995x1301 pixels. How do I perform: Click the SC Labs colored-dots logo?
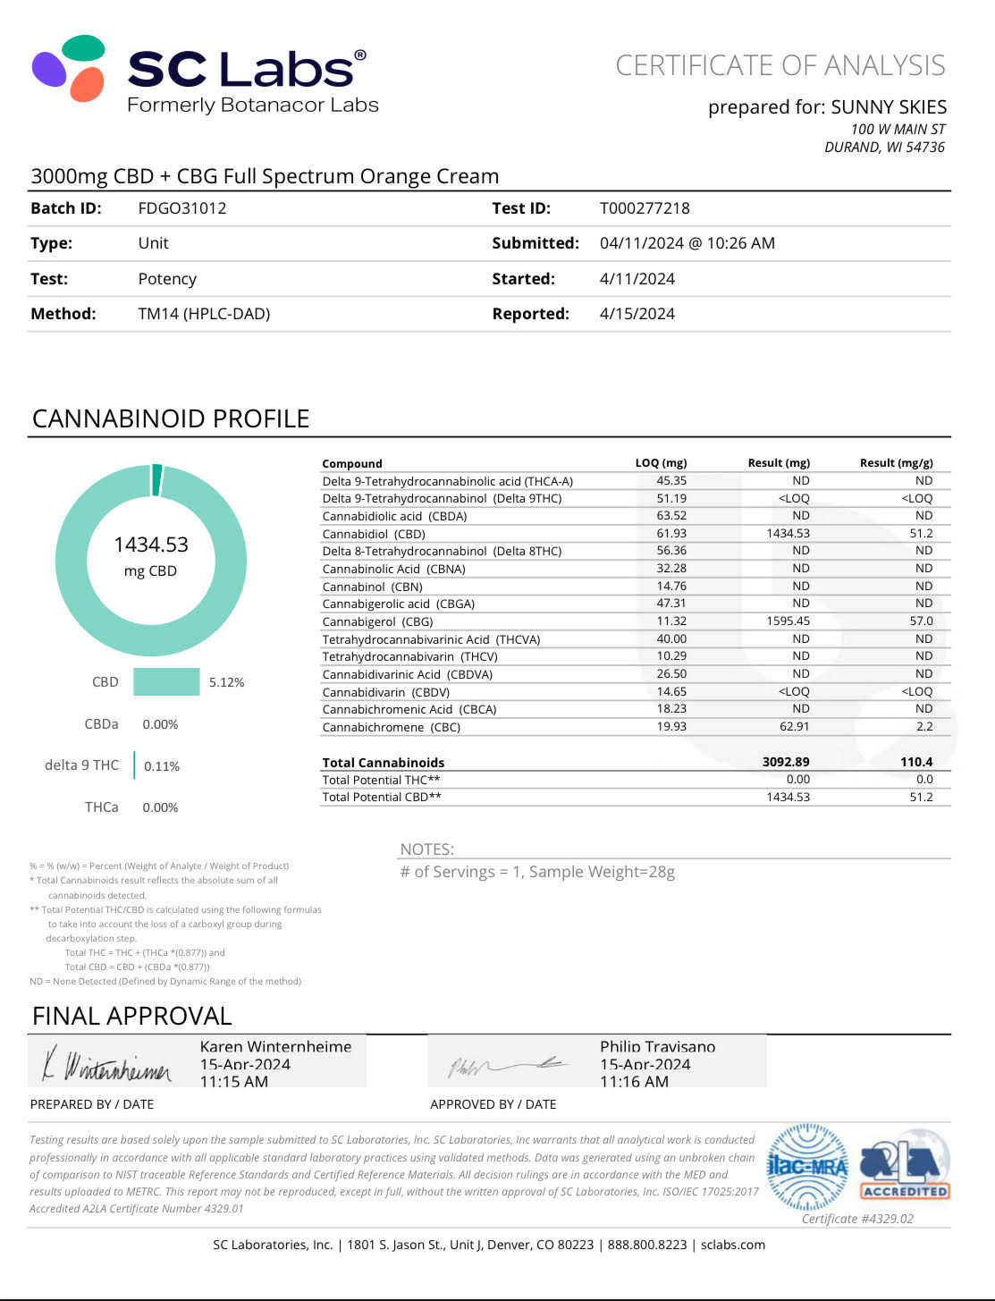(69, 68)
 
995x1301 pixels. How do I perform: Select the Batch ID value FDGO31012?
(182, 208)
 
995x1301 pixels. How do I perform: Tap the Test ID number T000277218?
(645, 208)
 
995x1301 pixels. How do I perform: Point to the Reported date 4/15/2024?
(637, 314)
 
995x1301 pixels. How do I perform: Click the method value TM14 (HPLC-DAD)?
(204, 314)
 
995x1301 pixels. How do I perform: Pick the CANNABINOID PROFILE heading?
(171, 418)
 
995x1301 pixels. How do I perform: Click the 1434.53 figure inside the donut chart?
(151, 545)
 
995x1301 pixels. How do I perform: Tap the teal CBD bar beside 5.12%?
(166, 681)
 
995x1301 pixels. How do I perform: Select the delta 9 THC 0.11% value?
(162, 766)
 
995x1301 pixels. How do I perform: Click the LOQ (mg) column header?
(661, 463)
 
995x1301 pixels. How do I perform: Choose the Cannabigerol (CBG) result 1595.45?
(788, 621)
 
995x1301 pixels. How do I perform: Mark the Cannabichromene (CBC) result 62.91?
(794, 727)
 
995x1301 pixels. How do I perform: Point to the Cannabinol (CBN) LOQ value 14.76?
(671, 586)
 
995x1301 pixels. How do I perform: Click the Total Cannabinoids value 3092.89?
(786, 762)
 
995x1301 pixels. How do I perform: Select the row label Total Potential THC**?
(381, 780)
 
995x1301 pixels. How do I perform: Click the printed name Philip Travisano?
(657, 1046)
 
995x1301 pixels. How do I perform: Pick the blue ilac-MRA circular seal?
(808, 1166)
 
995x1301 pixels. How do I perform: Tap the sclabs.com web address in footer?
(732, 1245)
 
